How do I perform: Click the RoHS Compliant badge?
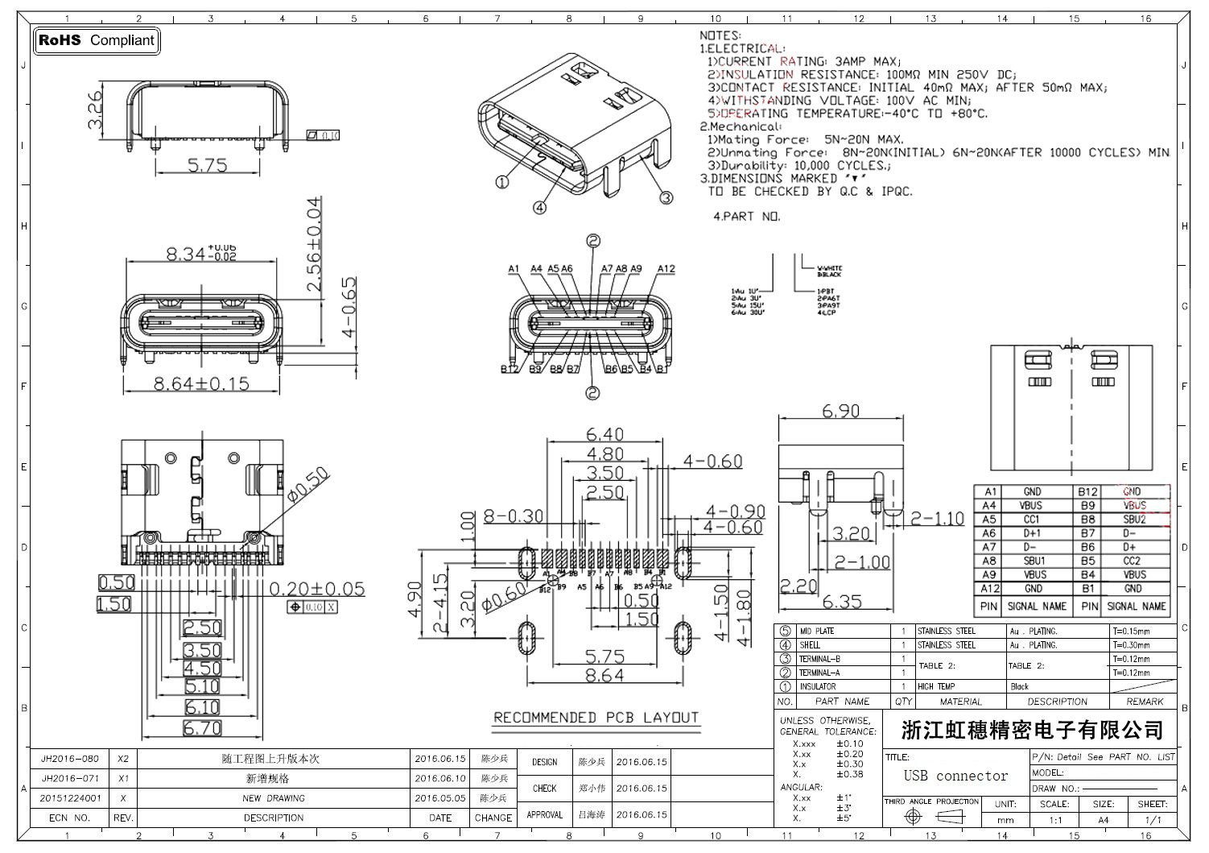[97, 40]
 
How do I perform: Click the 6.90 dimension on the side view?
[840, 411]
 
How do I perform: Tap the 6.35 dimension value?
[842, 601]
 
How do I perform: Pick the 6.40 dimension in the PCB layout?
[605, 435]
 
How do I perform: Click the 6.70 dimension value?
[202, 728]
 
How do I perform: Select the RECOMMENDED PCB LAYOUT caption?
[596, 718]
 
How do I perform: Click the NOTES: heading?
[720, 35]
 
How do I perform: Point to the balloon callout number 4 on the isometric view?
[539, 207]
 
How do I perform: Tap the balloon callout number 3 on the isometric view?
[666, 197]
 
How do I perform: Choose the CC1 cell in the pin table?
[1032, 520]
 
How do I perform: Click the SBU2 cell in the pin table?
[1134, 520]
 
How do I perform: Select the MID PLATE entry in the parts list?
[816, 631]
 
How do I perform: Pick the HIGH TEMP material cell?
[937, 686]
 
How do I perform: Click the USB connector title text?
[955, 776]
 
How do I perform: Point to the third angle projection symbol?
[932, 817]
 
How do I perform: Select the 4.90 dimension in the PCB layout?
[414, 598]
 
